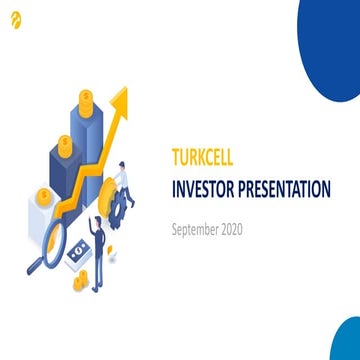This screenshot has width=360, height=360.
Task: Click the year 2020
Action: point(229,229)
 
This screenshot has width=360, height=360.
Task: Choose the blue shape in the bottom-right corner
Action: point(346,340)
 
